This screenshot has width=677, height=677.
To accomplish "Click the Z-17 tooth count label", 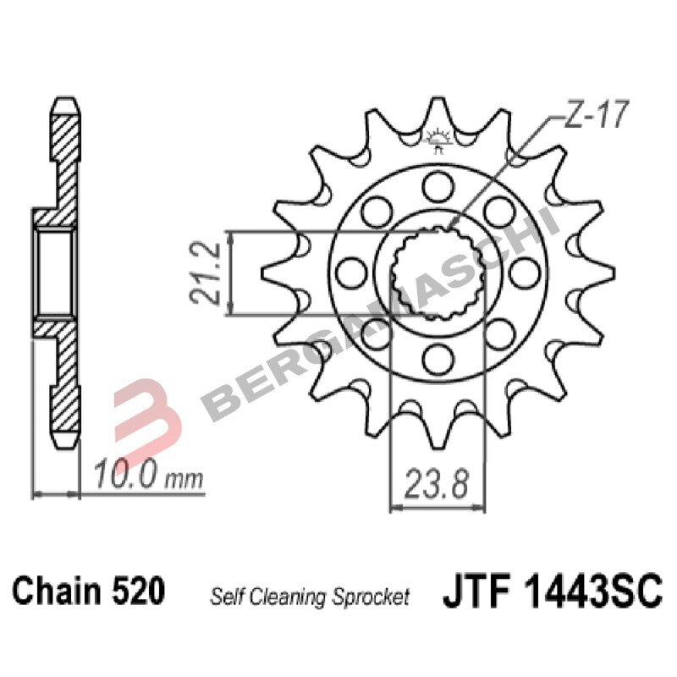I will point(594,118).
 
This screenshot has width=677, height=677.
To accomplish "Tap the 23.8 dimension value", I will point(437,486).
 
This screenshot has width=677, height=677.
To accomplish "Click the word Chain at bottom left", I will point(60,591).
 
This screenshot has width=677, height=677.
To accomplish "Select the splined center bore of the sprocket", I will point(437,272).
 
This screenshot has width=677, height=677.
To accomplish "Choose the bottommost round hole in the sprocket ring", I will point(438,361).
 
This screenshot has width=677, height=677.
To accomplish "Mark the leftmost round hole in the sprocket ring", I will point(349,272).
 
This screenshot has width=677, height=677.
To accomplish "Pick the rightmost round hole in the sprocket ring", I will point(526,272).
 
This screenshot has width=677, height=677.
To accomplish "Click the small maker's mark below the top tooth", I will point(438,140).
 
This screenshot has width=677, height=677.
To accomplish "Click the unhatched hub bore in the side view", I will point(56,272).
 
